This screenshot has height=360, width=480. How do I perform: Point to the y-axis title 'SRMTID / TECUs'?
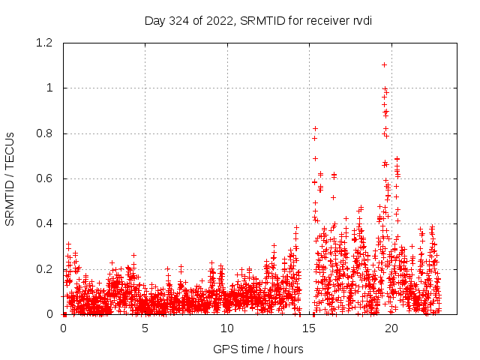[10, 178]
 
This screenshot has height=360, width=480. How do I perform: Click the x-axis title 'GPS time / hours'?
[258, 349]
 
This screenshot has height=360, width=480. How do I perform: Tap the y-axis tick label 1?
[49, 88]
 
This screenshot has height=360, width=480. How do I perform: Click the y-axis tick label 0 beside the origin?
[49, 314]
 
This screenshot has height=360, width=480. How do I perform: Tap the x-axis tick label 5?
[145, 328]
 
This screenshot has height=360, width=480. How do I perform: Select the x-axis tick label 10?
[226, 328]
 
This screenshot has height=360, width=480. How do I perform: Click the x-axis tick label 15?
[309, 328]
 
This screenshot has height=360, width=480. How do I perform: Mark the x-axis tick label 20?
[391, 328]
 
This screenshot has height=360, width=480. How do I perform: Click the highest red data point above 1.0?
[384, 64]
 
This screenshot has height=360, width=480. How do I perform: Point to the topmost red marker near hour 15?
[315, 128]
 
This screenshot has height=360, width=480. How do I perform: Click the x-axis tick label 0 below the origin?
[63, 328]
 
